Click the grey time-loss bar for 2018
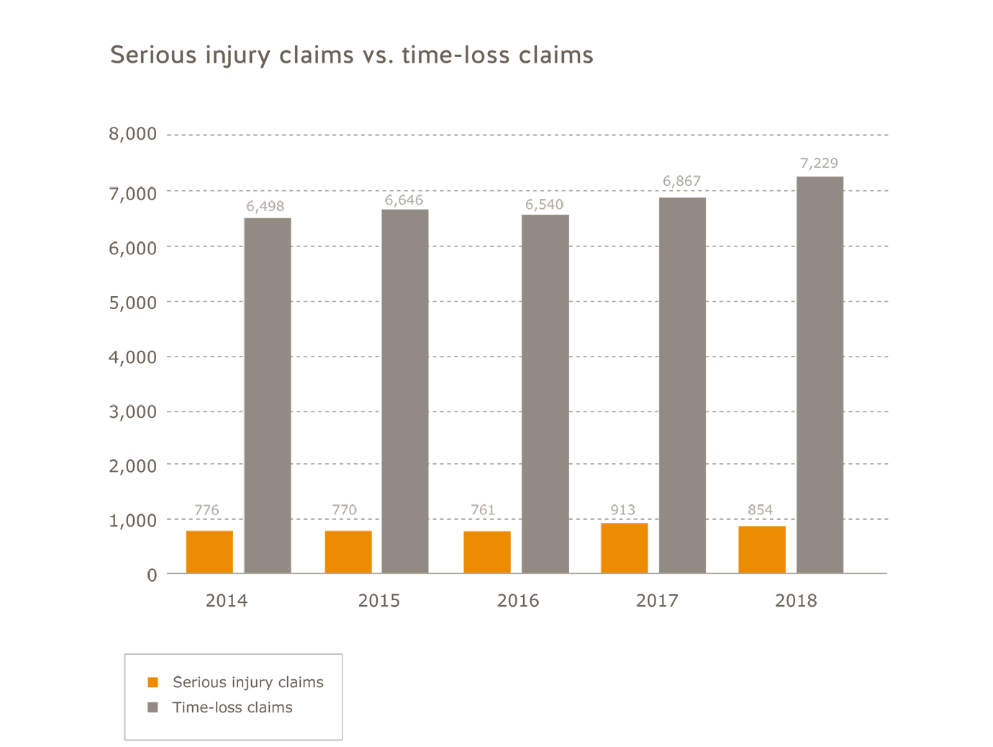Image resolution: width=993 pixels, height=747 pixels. [x=820, y=375]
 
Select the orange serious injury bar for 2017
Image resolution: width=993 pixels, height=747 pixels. [x=624, y=548]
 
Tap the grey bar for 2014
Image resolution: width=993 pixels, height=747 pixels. [x=268, y=395]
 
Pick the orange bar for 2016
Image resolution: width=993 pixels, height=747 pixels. [x=487, y=553]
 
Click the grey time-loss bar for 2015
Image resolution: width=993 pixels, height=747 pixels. [x=405, y=391]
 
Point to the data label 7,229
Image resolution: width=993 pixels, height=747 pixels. [x=819, y=164]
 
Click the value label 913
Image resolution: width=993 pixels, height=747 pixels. [x=622, y=510]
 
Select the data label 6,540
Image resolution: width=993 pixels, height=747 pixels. [x=544, y=205]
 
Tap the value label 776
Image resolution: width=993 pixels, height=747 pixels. [x=207, y=510]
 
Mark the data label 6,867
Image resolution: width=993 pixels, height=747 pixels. [x=681, y=182]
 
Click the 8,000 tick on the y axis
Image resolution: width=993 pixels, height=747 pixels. [x=132, y=134]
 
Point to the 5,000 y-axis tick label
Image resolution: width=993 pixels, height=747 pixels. [x=132, y=303]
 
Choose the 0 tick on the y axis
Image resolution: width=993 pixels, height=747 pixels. [x=152, y=575]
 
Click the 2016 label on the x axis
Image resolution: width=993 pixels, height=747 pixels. [x=517, y=601]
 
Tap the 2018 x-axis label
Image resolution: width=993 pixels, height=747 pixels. [x=796, y=601]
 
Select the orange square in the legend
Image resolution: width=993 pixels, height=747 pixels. [x=153, y=682]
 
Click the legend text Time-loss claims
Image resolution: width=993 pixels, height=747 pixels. [x=232, y=707]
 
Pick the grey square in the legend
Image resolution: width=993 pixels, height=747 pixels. [x=153, y=707]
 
